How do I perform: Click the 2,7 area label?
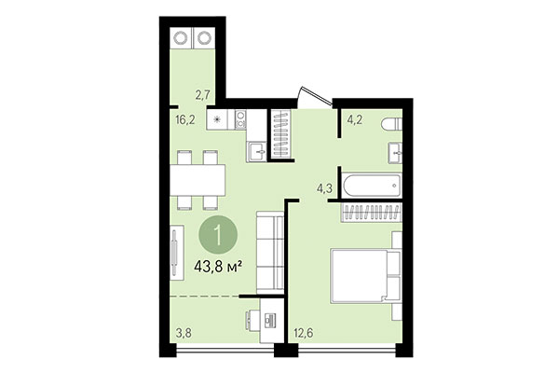[x=204, y=93]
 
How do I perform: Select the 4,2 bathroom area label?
[x=356, y=118]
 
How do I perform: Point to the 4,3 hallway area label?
[x=324, y=188]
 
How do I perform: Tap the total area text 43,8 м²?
[x=218, y=266]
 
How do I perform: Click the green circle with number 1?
[x=218, y=233]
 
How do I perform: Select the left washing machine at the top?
[x=180, y=39]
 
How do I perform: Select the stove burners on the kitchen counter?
[x=241, y=119]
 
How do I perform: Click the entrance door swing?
[x=312, y=99]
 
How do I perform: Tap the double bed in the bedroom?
[x=364, y=275]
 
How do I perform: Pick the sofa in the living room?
[x=270, y=249]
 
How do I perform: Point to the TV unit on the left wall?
[x=175, y=251]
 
